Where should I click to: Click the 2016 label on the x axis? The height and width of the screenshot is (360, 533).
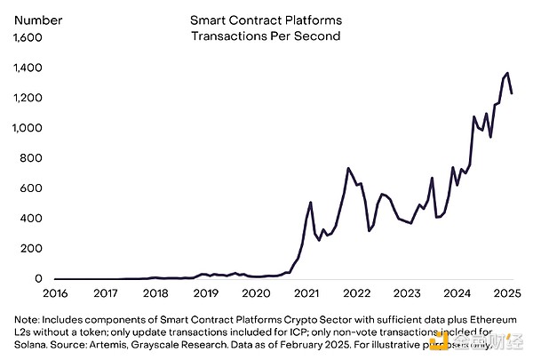(x=55, y=292)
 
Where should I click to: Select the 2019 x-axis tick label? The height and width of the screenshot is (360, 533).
(x=207, y=292)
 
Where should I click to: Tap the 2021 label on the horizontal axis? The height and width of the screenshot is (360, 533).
(x=308, y=292)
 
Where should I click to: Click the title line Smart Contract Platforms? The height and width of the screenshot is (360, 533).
(x=266, y=19)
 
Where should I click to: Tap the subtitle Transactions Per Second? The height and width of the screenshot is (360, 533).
(x=266, y=36)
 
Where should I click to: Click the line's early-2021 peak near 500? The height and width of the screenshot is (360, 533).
(x=310, y=203)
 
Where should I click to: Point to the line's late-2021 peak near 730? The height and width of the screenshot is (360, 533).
(x=348, y=168)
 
